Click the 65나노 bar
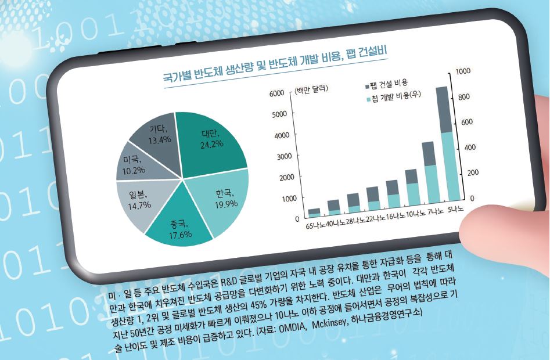(x=314, y=212)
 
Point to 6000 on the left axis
(x=275, y=94)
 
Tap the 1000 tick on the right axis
(x=462, y=71)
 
